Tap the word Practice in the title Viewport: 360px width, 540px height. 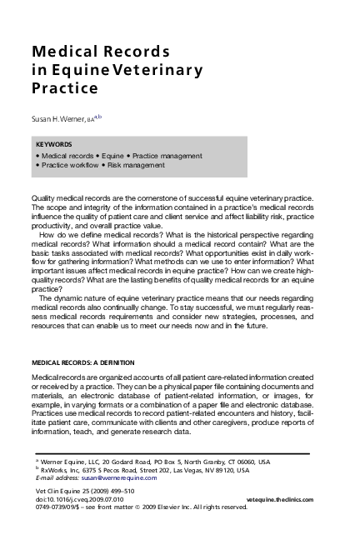tap(65, 87)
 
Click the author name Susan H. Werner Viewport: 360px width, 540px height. tap(62, 120)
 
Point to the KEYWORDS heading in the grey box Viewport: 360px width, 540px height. tap(54, 144)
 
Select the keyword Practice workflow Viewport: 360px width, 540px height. tap(68, 165)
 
